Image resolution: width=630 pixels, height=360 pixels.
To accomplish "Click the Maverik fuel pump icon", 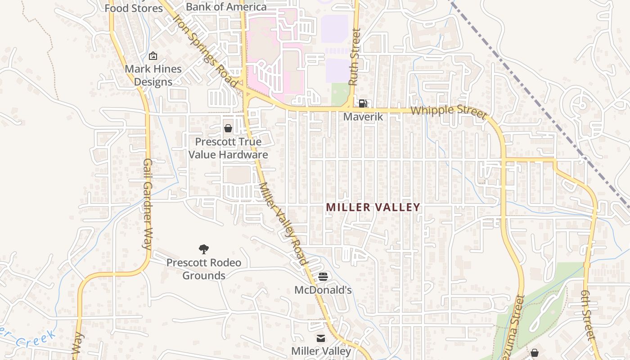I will (x=363, y=103).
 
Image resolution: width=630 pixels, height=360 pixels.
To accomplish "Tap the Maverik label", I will (x=363, y=117).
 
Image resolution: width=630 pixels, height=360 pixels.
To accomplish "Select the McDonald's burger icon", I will (x=323, y=277).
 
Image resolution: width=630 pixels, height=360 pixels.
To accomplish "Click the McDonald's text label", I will (x=323, y=290).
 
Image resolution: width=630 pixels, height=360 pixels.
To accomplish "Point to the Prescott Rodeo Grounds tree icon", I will (x=204, y=249).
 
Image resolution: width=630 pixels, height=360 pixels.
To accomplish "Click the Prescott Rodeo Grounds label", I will (x=204, y=269).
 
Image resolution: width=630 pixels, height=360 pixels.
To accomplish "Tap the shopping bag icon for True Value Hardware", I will (x=228, y=128).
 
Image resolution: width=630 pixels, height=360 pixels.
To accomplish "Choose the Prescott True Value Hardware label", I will (x=228, y=148).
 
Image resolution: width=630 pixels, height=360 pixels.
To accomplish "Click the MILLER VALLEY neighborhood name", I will (x=373, y=207).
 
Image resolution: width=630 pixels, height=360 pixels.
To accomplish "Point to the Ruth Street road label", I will (x=355, y=57).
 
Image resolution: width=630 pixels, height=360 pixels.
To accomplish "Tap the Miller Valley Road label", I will (x=283, y=224).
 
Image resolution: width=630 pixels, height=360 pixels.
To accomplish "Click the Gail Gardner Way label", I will (x=147, y=204).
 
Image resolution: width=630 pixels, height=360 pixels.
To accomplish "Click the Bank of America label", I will (x=226, y=7).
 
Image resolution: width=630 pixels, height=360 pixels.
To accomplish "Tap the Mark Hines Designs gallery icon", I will (x=153, y=56).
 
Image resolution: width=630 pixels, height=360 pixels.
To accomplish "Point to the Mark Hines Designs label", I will (x=153, y=76).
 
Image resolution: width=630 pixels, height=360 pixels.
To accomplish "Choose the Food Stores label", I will (x=134, y=8).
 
